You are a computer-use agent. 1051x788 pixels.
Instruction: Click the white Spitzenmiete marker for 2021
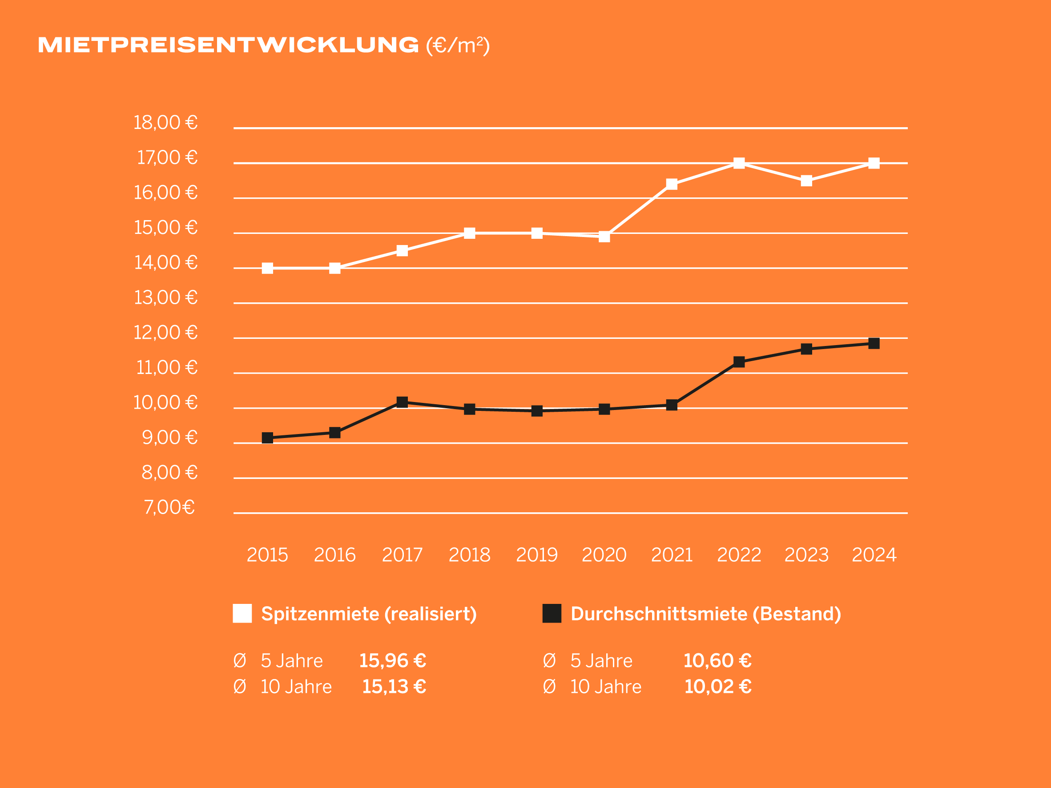pos(671,184)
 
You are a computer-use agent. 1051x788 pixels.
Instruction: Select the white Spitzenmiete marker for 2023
pos(806,181)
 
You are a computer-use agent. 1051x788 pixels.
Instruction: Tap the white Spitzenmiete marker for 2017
pos(402,251)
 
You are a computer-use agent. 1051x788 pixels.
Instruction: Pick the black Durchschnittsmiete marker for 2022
pos(739,362)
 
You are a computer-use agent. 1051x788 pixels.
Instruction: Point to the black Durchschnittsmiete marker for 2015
pos(267,438)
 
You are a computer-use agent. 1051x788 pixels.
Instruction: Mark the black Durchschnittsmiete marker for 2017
pos(402,402)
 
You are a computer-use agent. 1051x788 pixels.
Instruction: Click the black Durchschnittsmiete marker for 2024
pos(874,343)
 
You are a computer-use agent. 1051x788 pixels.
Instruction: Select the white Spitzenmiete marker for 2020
pos(604,237)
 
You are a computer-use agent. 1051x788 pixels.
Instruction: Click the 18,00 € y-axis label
pos(165,123)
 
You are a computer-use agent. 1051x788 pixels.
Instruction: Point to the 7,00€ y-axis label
pos(169,507)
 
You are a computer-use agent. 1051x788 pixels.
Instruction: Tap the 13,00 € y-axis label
pos(165,298)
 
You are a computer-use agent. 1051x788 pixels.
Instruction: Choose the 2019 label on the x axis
pos(537,555)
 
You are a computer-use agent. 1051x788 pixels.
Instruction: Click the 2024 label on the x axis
pos(874,555)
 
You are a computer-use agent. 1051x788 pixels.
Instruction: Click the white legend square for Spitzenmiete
pos(242,614)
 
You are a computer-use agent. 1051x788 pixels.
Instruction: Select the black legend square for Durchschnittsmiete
pos(552,614)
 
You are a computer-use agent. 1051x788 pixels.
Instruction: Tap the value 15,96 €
pos(392,661)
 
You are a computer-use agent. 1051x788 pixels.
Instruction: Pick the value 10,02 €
pos(717,687)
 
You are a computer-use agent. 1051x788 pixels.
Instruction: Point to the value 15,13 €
pos(394,687)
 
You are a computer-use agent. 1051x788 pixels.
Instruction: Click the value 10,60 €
pos(717,661)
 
